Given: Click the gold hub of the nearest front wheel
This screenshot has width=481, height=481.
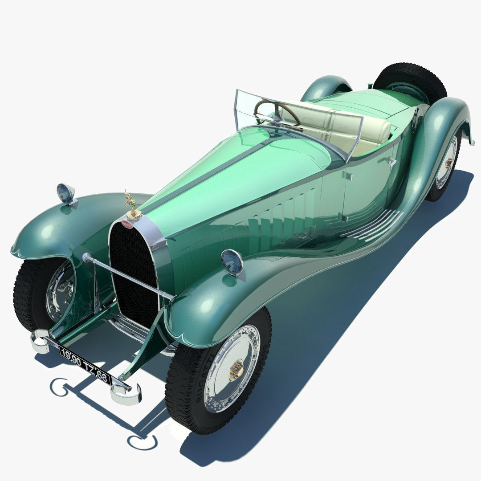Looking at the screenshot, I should click(x=236, y=369).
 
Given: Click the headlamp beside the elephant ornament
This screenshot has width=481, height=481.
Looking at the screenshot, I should click(x=65, y=194).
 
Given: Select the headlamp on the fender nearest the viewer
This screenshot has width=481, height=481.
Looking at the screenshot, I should click(x=232, y=262).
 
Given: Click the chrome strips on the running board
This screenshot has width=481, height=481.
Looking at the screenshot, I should click(x=374, y=225).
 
